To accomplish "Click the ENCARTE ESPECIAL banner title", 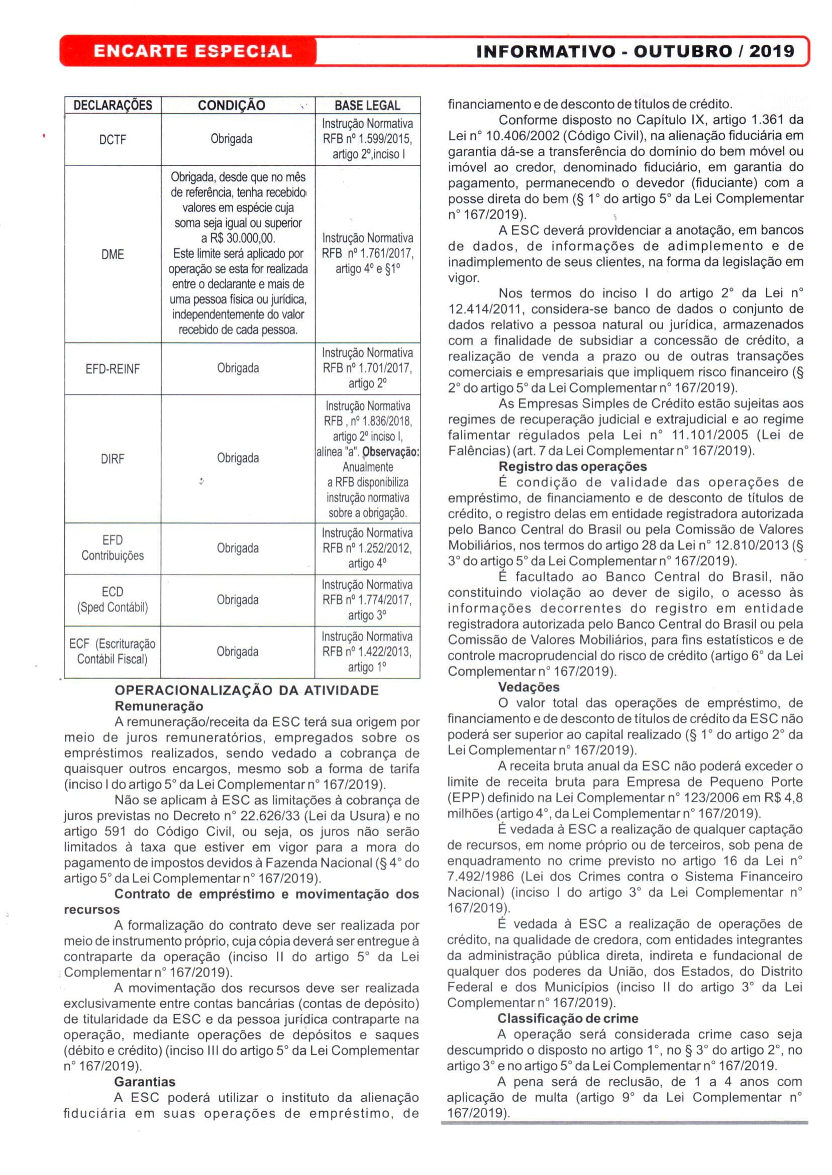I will (x=192, y=51).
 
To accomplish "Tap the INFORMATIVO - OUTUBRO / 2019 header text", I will (x=635, y=51).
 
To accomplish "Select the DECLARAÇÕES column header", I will (x=113, y=105).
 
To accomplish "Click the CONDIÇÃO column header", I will (x=232, y=105).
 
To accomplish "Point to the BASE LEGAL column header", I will (x=367, y=105).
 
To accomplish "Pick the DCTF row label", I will (x=113, y=139).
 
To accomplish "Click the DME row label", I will (x=113, y=254).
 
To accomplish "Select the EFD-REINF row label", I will (x=113, y=369).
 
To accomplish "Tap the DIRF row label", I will (x=113, y=459).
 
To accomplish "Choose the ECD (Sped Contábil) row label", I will (x=113, y=600).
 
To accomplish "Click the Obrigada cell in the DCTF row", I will (x=232, y=139).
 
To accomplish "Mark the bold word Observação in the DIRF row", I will (x=390, y=452).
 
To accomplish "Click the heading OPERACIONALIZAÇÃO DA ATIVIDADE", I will (x=246, y=690).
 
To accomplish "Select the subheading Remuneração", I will (x=159, y=706).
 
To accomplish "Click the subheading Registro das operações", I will (x=572, y=466).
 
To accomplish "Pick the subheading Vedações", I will (x=529, y=687).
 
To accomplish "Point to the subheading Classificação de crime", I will (x=568, y=1018).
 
